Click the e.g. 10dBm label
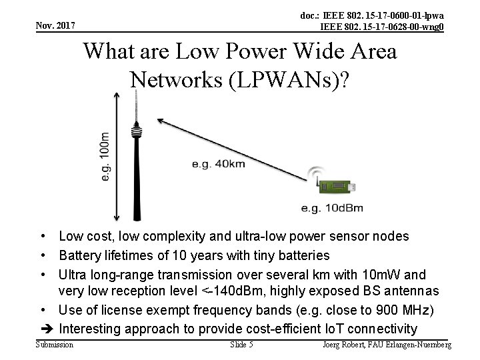point(332,208)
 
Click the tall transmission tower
point(137,160)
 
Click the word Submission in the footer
point(55,345)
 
